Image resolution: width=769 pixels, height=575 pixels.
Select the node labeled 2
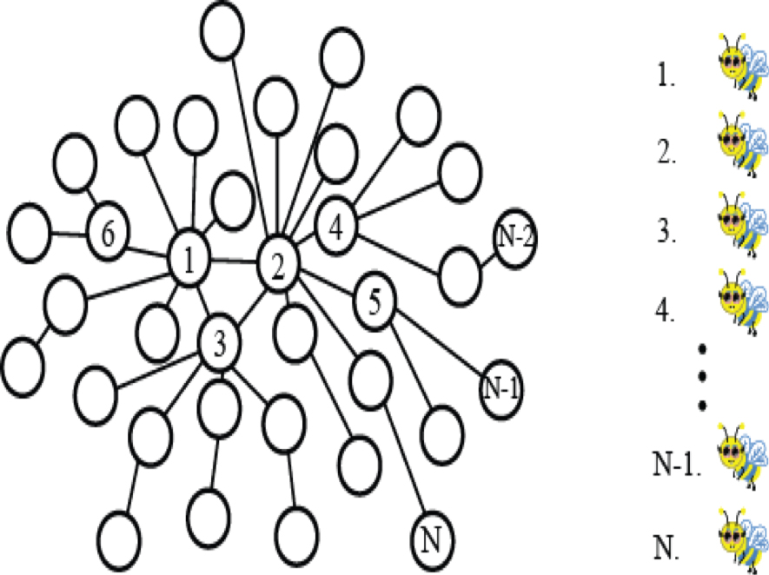[278, 265]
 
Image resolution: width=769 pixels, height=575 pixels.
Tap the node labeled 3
[219, 342]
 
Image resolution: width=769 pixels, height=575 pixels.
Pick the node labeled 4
[336, 227]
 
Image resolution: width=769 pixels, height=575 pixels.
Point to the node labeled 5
[375, 301]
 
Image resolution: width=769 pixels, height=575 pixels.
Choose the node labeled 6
[109, 232]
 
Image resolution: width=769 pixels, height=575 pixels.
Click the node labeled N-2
[514, 238]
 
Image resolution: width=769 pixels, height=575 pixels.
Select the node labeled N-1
[501, 389]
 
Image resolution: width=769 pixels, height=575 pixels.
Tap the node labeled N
[432, 540]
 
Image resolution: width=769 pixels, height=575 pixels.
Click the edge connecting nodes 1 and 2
[234, 261]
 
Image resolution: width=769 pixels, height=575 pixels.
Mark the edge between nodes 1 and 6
[148, 250]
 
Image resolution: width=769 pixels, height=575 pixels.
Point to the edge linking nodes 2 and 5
[327, 283]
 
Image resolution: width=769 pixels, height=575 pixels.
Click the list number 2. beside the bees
[667, 153]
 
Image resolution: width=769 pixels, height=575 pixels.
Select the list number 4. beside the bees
[665, 310]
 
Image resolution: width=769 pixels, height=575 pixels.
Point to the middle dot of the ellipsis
[702, 376]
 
